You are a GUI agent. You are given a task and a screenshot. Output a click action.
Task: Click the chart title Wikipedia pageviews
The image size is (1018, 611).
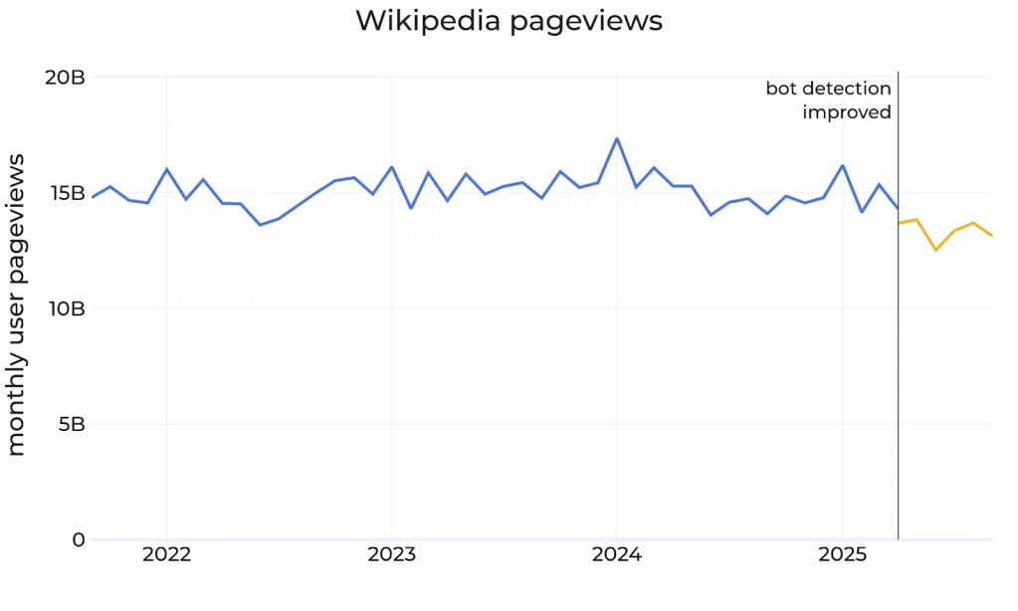(x=509, y=21)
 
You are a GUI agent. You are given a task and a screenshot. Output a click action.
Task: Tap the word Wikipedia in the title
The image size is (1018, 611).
(x=429, y=21)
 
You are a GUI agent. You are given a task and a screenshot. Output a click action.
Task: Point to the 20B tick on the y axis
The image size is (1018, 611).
(x=65, y=78)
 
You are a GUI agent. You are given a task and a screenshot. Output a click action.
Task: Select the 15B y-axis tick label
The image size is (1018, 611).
(x=65, y=193)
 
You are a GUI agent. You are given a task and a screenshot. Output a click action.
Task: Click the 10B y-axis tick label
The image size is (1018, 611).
(x=65, y=308)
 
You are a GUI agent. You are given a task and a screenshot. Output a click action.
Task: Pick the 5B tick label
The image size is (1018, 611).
(x=71, y=424)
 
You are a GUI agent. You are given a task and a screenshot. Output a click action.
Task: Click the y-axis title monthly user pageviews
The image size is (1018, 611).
(x=17, y=308)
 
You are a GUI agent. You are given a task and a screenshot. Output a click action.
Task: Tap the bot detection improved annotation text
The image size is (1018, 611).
(x=829, y=101)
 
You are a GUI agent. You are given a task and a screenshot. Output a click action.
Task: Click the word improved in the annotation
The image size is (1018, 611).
(x=847, y=112)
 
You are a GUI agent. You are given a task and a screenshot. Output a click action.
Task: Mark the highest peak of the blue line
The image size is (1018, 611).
(x=617, y=139)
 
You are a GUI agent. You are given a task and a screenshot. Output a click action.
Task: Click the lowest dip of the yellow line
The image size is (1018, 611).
(x=935, y=250)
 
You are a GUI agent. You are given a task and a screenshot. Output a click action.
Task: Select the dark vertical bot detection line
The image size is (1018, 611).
(x=898, y=348)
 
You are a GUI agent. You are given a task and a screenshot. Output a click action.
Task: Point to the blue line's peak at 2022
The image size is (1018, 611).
(x=166, y=169)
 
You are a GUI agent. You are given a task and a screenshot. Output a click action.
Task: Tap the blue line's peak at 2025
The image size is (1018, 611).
(x=842, y=165)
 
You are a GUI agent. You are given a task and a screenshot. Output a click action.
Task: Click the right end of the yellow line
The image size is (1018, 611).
(x=991, y=235)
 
